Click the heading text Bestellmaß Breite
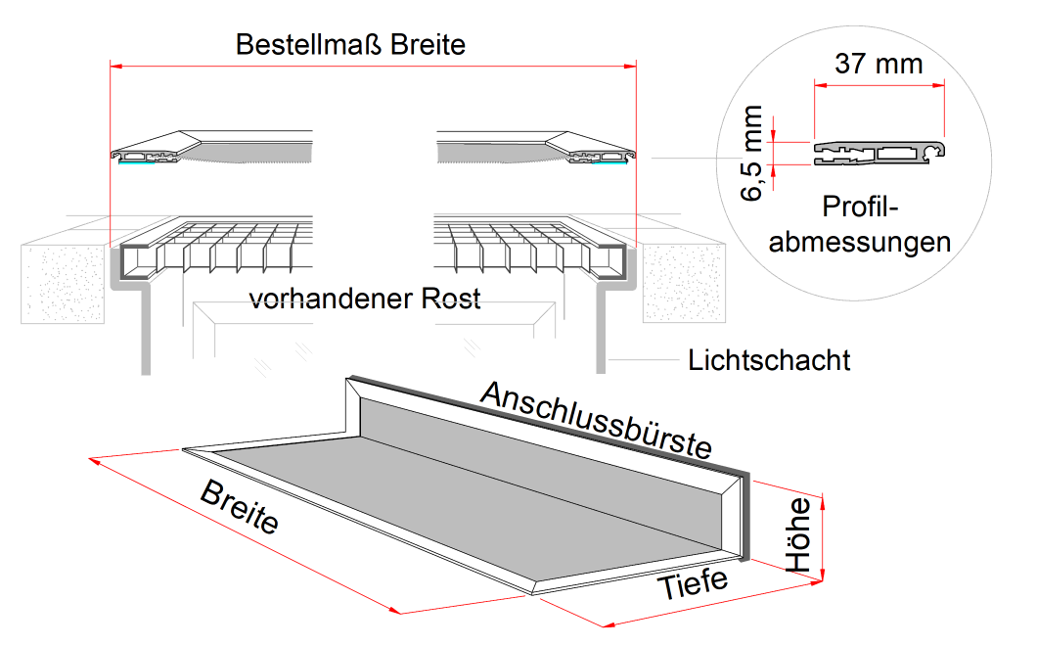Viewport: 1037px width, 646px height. click(x=351, y=45)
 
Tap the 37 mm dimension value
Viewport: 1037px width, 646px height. click(x=879, y=65)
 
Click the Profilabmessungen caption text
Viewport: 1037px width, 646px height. click(x=860, y=224)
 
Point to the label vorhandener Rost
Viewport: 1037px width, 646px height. click(x=365, y=298)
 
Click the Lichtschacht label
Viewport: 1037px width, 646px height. click(x=769, y=360)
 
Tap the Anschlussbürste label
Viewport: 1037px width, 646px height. click(x=596, y=419)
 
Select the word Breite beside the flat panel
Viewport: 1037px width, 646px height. click(x=240, y=507)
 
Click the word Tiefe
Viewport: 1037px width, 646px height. click(x=692, y=584)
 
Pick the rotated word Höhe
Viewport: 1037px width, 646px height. click(x=799, y=534)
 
